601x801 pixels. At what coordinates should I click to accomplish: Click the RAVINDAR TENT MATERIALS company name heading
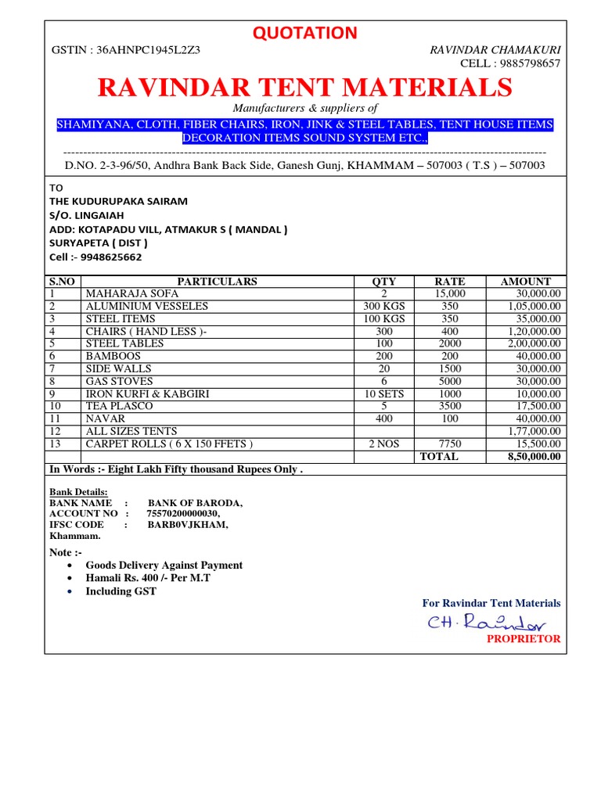(305, 88)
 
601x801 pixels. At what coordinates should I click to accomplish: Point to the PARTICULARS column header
(217, 282)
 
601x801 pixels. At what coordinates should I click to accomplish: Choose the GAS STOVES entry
(119, 381)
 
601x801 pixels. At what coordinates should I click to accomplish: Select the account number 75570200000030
(183, 513)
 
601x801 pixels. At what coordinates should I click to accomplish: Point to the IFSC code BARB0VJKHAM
(188, 525)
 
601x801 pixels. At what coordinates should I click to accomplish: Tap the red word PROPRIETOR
(524, 639)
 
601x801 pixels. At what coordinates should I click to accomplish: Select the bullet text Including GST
(121, 591)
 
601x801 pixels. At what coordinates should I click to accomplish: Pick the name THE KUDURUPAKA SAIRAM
(118, 201)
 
